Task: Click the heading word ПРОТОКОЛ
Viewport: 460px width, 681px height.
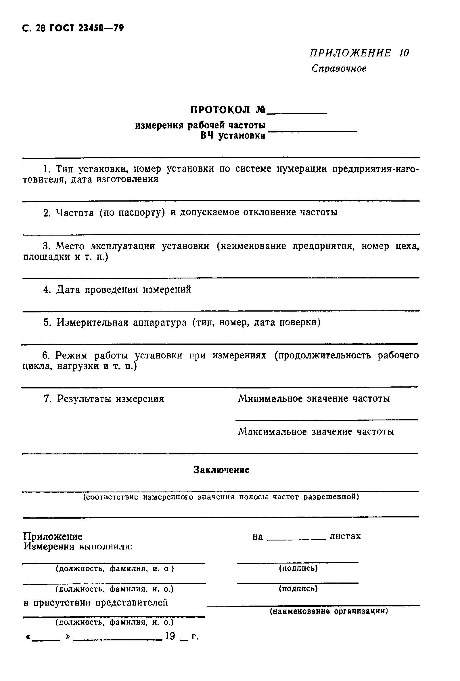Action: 220,110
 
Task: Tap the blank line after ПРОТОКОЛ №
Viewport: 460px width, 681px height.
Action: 297,112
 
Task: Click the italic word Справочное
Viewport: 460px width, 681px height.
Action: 339,69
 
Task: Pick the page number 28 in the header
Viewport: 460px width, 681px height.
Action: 40,28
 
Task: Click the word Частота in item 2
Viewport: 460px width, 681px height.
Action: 75,212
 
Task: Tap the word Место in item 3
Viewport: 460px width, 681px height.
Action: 70,246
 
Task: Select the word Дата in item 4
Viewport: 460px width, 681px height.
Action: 68,289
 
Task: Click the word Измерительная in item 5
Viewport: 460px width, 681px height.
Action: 92,323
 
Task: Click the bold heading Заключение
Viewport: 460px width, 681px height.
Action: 221,470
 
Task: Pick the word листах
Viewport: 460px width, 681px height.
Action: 345,536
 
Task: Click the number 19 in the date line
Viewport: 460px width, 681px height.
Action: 170,636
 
